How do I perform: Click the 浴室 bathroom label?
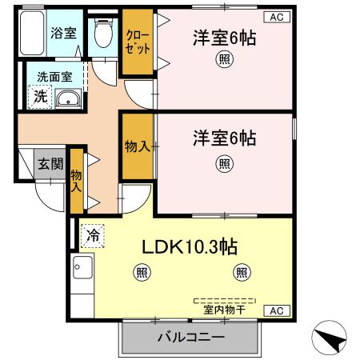coord(62,33)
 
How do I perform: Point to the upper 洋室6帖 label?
coord(224,38)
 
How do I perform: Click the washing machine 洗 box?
coord(38,96)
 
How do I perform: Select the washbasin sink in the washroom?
coord(70,99)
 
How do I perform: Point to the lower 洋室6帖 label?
coord(224,138)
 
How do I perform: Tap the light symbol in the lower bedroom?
coord(224,163)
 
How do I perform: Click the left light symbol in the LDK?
coord(141,273)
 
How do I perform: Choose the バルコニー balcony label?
coord(190,338)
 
